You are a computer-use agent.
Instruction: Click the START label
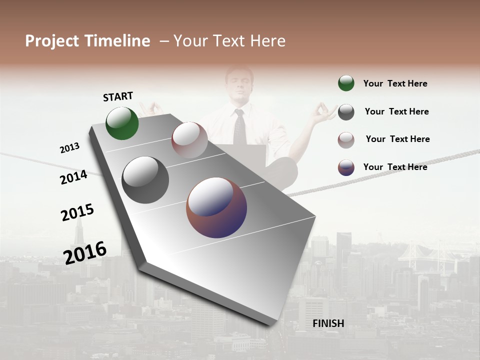point(118,96)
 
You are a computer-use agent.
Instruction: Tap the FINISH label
point(328,323)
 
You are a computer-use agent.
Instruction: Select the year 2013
point(69,148)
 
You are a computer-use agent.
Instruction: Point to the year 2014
point(73,177)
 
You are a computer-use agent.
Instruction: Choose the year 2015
point(77,212)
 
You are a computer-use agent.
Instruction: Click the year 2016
point(85,253)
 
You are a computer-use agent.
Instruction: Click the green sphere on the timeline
point(122,123)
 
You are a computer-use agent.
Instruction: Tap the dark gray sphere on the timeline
point(145,180)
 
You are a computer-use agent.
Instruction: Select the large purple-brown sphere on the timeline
point(216,207)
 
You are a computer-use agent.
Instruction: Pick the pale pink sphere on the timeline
point(189,140)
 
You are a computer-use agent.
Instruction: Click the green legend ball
point(346,83)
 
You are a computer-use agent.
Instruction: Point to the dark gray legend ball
point(346,112)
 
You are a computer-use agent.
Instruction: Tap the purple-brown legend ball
point(346,167)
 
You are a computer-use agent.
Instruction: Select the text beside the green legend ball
point(395,83)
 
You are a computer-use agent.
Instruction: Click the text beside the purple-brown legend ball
point(395,167)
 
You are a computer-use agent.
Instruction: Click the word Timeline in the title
point(117,41)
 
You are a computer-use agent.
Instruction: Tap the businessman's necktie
point(240,127)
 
